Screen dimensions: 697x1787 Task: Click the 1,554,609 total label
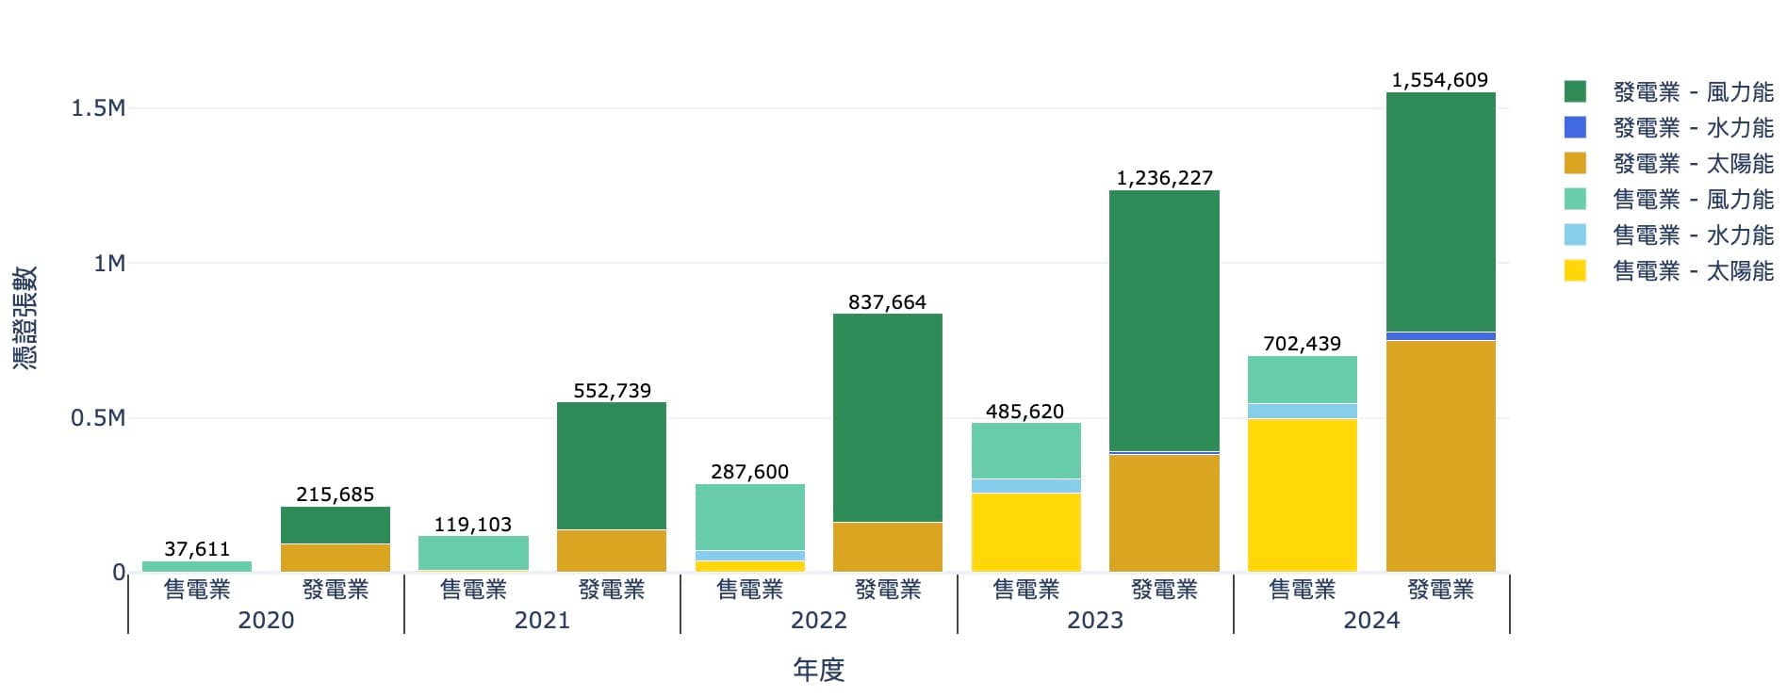pyautogui.click(x=1439, y=80)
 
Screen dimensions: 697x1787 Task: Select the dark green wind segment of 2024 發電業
pyautogui.click(x=1440, y=212)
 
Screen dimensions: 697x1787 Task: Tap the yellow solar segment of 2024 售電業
pyautogui.click(x=1302, y=494)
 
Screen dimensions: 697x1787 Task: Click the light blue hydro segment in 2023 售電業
pyautogui.click(x=1025, y=486)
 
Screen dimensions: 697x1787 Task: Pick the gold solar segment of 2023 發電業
pyautogui.click(x=1164, y=512)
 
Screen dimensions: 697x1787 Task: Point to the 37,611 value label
pyautogui.click(x=196, y=549)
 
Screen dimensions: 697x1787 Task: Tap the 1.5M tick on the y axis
pyautogui.click(x=98, y=108)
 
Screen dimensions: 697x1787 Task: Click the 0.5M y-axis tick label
pyautogui.click(x=98, y=418)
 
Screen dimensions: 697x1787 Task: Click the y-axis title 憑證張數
pyautogui.click(x=25, y=317)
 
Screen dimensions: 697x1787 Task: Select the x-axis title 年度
pyautogui.click(x=818, y=671)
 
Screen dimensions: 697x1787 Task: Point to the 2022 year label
pyautogui.click(x=818, y=621)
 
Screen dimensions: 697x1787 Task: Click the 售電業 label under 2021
pyautogui.click(x=473, y=591)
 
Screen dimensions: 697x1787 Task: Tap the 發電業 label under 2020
pyautogui.click(x=335, y=591)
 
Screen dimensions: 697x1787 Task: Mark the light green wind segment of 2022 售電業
pyautogui.click(x=749, y=517)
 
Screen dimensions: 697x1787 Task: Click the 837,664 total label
pyautogui.click(x=887, y=302)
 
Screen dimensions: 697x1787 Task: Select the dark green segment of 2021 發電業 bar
pyautogui.click(x=611, y=466)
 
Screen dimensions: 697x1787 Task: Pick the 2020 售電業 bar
pyautogui.click(x=196, y=566)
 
